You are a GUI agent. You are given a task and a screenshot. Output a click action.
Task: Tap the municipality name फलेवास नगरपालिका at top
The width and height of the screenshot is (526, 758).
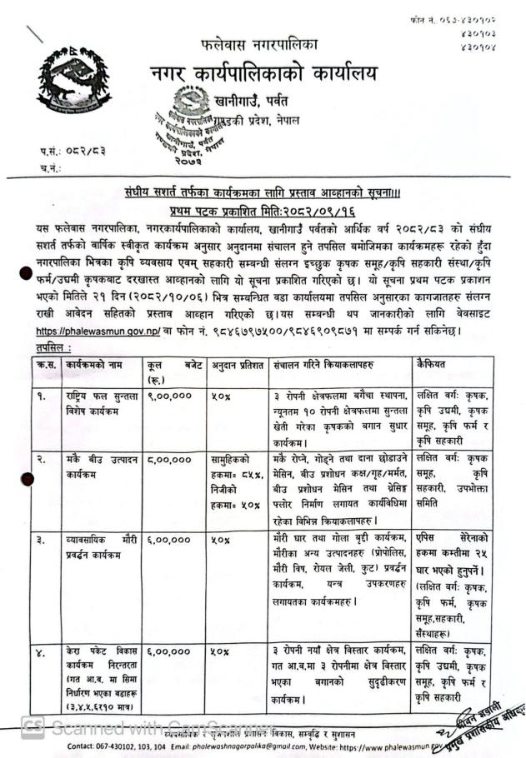(x=258, y=42)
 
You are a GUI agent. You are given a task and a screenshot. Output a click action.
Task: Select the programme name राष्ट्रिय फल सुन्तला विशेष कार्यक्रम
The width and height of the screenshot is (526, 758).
(x=94, y=403)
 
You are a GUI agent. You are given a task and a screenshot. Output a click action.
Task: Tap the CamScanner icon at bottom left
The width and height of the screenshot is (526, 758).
(x=33, y=727)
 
